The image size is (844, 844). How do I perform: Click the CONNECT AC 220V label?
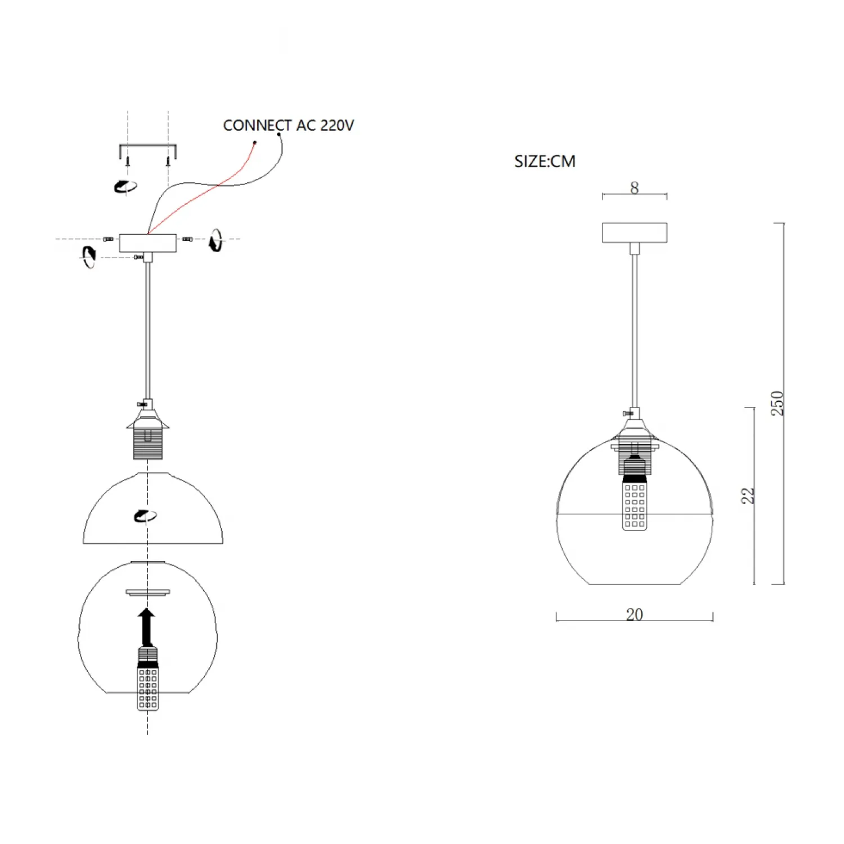coord(288,125)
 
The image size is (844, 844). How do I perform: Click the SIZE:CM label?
coord(545,161)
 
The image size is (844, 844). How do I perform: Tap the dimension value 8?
coord(635,188)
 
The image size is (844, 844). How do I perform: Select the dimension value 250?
coord(777,403)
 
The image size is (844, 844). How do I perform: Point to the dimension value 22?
coord(747,496)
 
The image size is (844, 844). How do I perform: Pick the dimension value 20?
coord(635,614)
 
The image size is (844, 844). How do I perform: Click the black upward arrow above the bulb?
coord(147,627)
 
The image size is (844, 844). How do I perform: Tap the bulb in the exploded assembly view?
coord(147,679)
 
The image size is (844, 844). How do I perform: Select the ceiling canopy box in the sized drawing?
coord(635,232)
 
